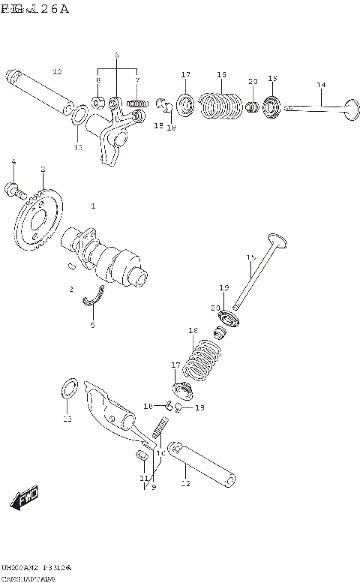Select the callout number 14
pos(321,85)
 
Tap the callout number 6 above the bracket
pos(117,56)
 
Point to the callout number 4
pos(13,161)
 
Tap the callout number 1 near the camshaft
pos(93,205)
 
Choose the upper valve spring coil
pos(220,104)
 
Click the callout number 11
pos(142,478)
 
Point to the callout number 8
pos(97,80)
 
